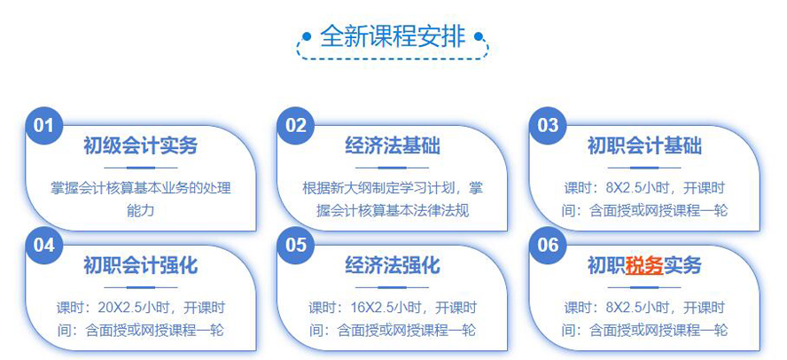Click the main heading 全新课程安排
tap(393, 36)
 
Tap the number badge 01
tap(43, 125)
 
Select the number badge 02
tap(296, 125)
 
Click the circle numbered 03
tap(548, 125)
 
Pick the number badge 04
tap(43, 245)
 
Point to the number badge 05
tap(296, 245)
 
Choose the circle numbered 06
tap(548, 245)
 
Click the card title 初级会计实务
tap(141, 145)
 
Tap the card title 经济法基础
tap(393, 145)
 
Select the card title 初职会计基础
tap(644, 145)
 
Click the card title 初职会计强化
tap(141, 266)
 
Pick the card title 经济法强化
tap(393, 266)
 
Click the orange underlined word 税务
tap(644, 266)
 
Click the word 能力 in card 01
tap(141, 210)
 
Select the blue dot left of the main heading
tap(307, 36)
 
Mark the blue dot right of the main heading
tap(479, 36)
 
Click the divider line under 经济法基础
tap(393, 168)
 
